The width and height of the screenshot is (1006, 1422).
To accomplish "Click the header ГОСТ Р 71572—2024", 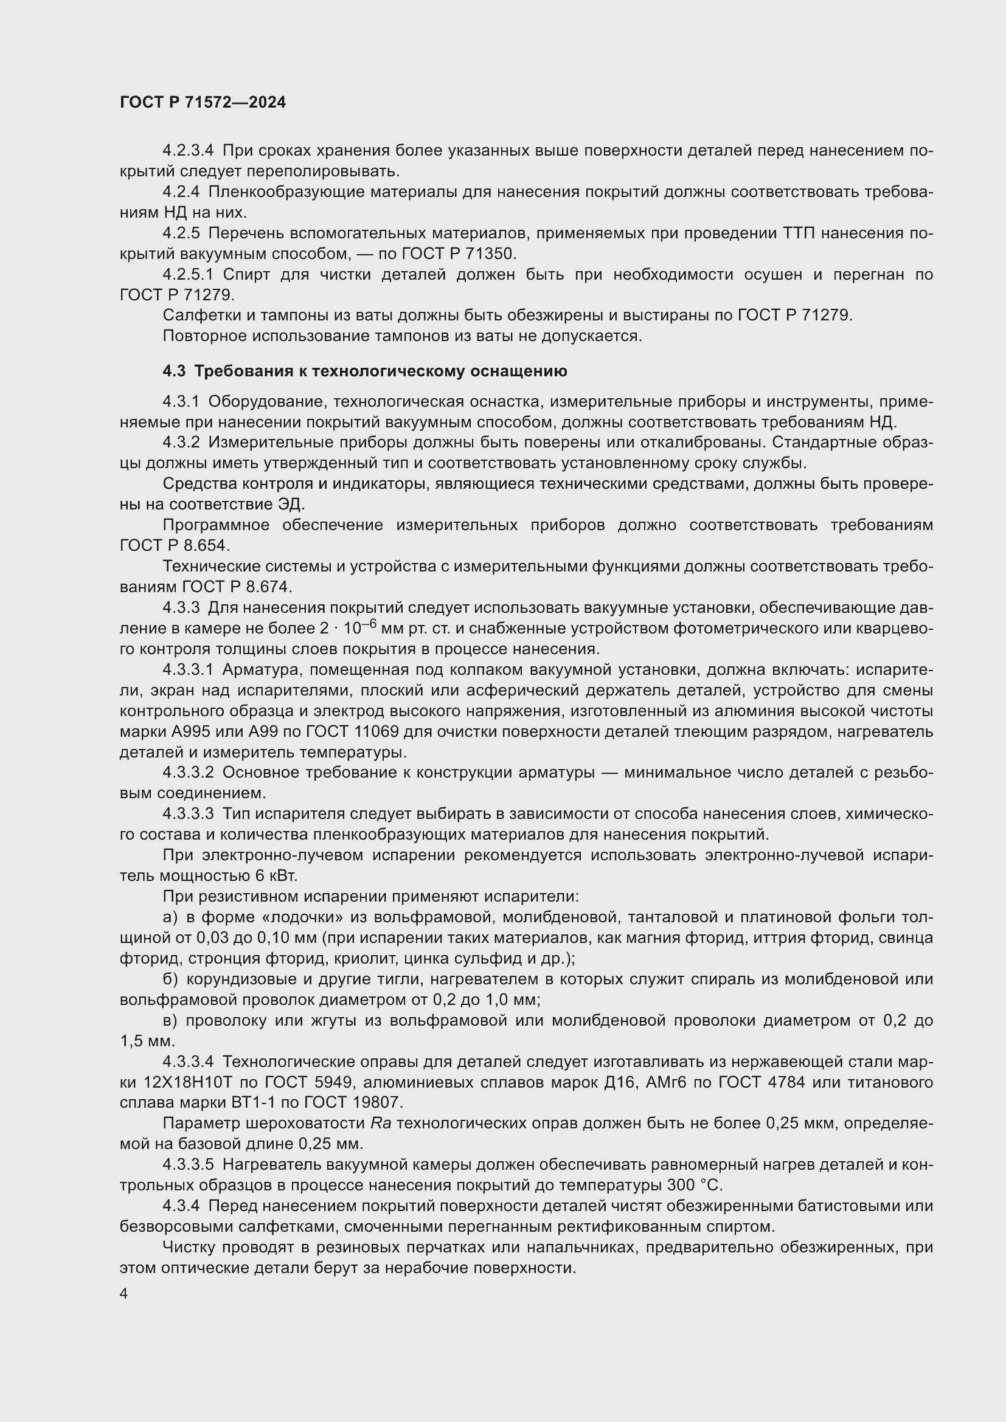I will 203,103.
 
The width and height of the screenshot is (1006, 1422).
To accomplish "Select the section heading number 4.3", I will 174,371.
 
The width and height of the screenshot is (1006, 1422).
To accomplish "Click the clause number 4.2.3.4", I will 188,151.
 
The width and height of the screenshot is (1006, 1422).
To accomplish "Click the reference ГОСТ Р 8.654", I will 174,545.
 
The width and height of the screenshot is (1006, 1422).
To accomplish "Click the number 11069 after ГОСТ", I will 376,731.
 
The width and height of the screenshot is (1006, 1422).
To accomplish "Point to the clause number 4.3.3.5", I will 188,1165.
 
